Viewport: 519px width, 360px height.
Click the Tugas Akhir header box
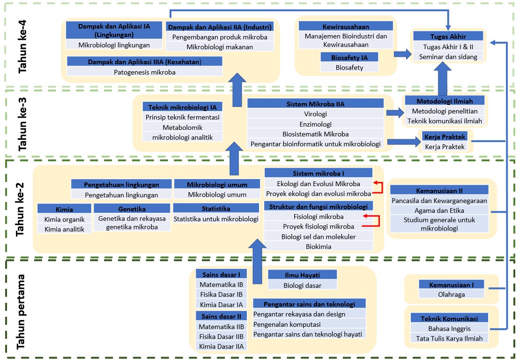449,37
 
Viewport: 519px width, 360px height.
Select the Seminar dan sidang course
449,57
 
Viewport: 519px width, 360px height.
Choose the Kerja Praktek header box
445,137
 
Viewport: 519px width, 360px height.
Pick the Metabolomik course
182,127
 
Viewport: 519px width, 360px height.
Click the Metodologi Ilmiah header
445,101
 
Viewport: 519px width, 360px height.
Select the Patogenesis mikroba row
144,72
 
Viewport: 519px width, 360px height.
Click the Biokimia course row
319,246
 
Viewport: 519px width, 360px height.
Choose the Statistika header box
215,208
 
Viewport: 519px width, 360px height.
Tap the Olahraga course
451,294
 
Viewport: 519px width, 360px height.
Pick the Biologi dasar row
302,285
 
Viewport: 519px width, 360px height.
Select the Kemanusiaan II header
440,191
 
